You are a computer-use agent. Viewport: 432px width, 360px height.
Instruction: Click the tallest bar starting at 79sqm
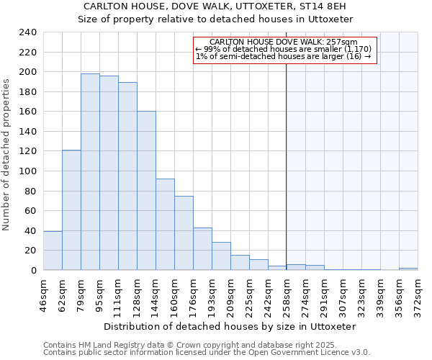[90, 172]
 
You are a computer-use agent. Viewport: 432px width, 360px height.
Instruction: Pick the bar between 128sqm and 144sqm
[146, 191]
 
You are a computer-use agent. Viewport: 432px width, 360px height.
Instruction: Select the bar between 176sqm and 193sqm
[202, 249]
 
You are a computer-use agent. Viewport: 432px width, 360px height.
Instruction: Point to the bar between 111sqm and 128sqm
[127, 176]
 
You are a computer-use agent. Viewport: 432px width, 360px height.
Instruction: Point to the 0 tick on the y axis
[34, 271]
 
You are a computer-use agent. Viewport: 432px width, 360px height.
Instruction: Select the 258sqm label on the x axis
[287, 294]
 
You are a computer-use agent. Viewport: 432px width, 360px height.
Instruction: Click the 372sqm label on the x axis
[418, 294]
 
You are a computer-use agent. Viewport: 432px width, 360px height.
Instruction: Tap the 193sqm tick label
[212, 294]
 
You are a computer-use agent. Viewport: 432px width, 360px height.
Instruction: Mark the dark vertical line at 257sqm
[286, 158]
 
